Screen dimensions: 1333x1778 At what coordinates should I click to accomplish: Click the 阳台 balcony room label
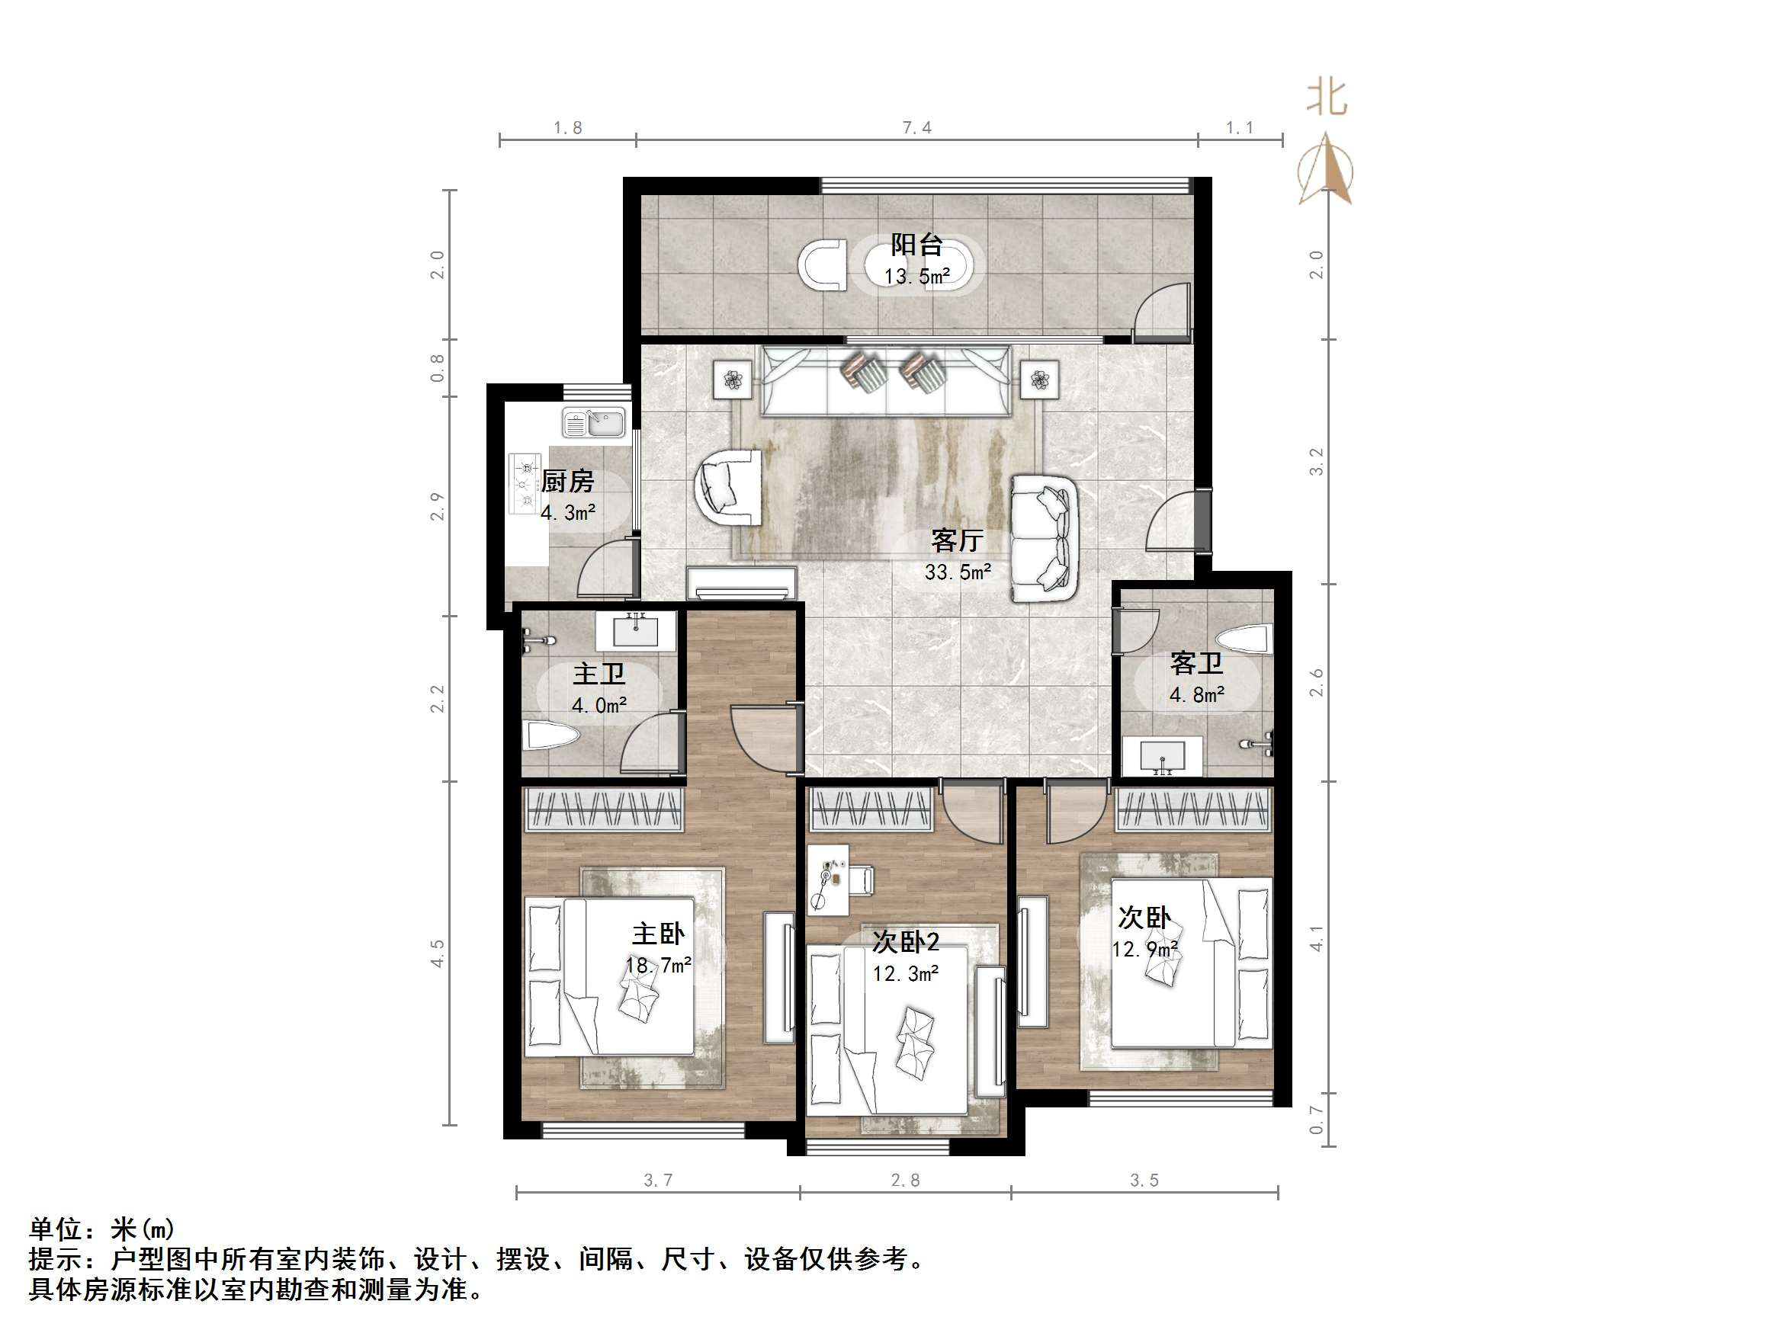pos(916,244)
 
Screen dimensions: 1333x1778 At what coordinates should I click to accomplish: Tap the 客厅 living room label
pos(957,540)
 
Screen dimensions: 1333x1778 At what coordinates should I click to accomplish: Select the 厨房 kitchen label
pos(567,481)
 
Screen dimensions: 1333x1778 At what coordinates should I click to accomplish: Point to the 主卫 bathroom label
pos(599,673)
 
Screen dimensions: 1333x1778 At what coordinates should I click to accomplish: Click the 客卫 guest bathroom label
pos(1196,663)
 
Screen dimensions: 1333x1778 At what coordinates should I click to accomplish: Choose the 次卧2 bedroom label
pos(906,941)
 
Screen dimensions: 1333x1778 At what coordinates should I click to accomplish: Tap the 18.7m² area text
pos(658,965)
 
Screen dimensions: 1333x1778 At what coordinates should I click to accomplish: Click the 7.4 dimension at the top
pos(916,128)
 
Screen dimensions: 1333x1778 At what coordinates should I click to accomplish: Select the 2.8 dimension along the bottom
pos(905,1181)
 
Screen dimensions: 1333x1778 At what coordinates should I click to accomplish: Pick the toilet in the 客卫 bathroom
pos(1244,640)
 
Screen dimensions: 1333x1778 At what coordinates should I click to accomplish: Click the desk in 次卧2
pos(828,878)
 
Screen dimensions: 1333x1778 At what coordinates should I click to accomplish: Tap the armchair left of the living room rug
pos(727,487)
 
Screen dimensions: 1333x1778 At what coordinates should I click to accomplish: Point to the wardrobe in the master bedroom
pos(604,810)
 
